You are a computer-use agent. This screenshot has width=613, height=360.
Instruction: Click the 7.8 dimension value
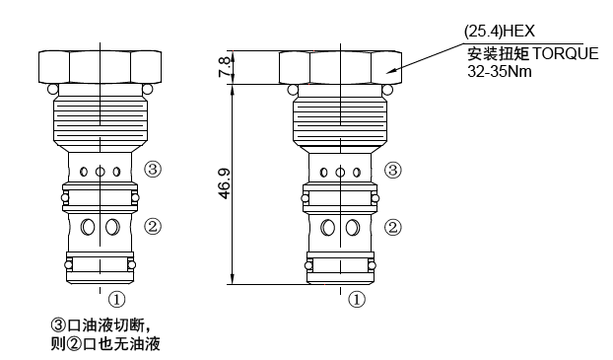coord(225,67)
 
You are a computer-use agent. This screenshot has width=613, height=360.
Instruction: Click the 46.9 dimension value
coord(225,183)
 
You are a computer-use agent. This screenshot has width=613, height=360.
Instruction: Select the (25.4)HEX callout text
coord(500,32)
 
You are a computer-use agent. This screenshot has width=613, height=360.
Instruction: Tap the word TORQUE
coord(566,53)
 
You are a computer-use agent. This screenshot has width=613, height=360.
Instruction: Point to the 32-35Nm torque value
coord(500,72)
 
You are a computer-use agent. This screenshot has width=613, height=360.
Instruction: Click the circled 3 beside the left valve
coord(153,170)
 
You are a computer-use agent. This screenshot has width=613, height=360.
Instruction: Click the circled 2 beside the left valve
coord(153,226)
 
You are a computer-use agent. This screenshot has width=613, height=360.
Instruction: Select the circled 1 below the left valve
coord(116,300)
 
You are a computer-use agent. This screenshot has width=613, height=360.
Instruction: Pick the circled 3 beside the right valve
coord(393,171)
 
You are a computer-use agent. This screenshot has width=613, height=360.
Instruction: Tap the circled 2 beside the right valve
coord(393,228)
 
